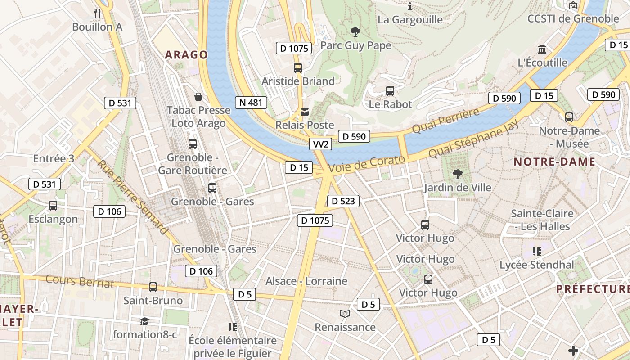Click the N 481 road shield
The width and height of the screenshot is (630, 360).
click(x=251, y=103)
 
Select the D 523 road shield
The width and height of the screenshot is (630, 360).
click(x=343, y=201)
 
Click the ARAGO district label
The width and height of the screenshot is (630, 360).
click(x=186, y=55)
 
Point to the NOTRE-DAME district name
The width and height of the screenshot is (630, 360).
click(x=554, y=162)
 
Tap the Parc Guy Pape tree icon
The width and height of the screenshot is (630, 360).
click(x=355, y=32)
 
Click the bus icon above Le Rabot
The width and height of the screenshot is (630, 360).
click(x=390, y=91)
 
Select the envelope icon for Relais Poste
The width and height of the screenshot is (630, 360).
click(x=305, y=112)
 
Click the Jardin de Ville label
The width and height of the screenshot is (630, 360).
click(x=458, y=188)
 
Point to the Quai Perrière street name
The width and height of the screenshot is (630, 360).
click(x=445, y=121)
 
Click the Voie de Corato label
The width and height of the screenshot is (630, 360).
click(x=367, y=165)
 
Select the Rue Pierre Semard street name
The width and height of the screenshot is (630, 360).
click(x=133, y=197)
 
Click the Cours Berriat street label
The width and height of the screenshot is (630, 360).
click(x=80, y=281)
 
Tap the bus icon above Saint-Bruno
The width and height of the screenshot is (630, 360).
click(x=153, y=287)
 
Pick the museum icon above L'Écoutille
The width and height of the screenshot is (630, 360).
click(x=542, y=49)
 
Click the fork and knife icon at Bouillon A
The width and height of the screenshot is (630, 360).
click(x=97, y=13)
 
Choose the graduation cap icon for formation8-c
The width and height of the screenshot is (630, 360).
click(x=144, y=321)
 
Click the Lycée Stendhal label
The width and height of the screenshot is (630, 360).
click(x=537, y=265)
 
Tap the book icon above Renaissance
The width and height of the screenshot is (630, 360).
click(x=345, y=314)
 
